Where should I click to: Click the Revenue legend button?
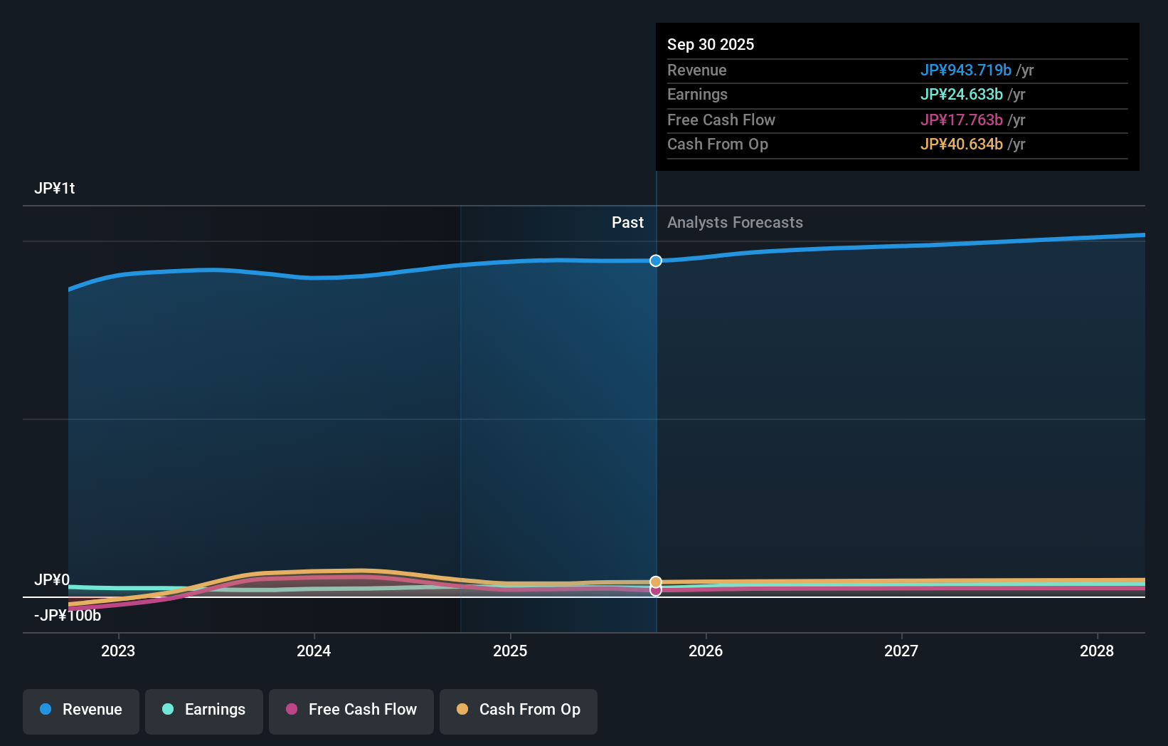pyautogui.click(x=81, y=710)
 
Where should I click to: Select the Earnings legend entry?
pyautogui.click(x=204, y=710)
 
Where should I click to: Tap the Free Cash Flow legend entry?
pyautogui.click(x=351, y=710)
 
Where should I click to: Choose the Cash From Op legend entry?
pyautogui.click(x=519, y=710)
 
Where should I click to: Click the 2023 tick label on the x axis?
pyautogui.click(x=118, y=651)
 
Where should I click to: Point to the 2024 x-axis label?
pyautogui.click(x=314, y=651)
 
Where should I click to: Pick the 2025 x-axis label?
pyautogui.click(x=510, y=651)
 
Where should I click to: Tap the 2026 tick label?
pyautogui.click(x=706, y=651)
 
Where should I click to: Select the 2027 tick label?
pyautogui.click(x=901, y=651)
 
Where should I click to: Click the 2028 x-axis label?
pyautogui.click(x=1097, y=651)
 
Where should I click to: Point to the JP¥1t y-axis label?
pyautogui.click(x=55, y=189)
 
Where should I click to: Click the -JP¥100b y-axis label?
pyautogui.click(x=68, y=616)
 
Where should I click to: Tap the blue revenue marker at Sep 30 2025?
pyautogui.click(x=656, y=261)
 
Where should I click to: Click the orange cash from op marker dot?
pyautogui.click(x=656, y=582)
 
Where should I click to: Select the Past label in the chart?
pyautogui.click(x=627, y=223)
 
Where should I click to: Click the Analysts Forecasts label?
pyautogui.click(x=735, y=223)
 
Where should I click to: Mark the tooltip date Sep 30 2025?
pyautogui.click(x=711, y=44)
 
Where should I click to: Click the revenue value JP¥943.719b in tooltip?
pyautogui.click(x=965, y=70)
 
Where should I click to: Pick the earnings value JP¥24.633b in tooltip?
pyautogui.click(x=961, y=94)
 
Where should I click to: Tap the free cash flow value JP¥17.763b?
pyautogui.click(x=961, y=120)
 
